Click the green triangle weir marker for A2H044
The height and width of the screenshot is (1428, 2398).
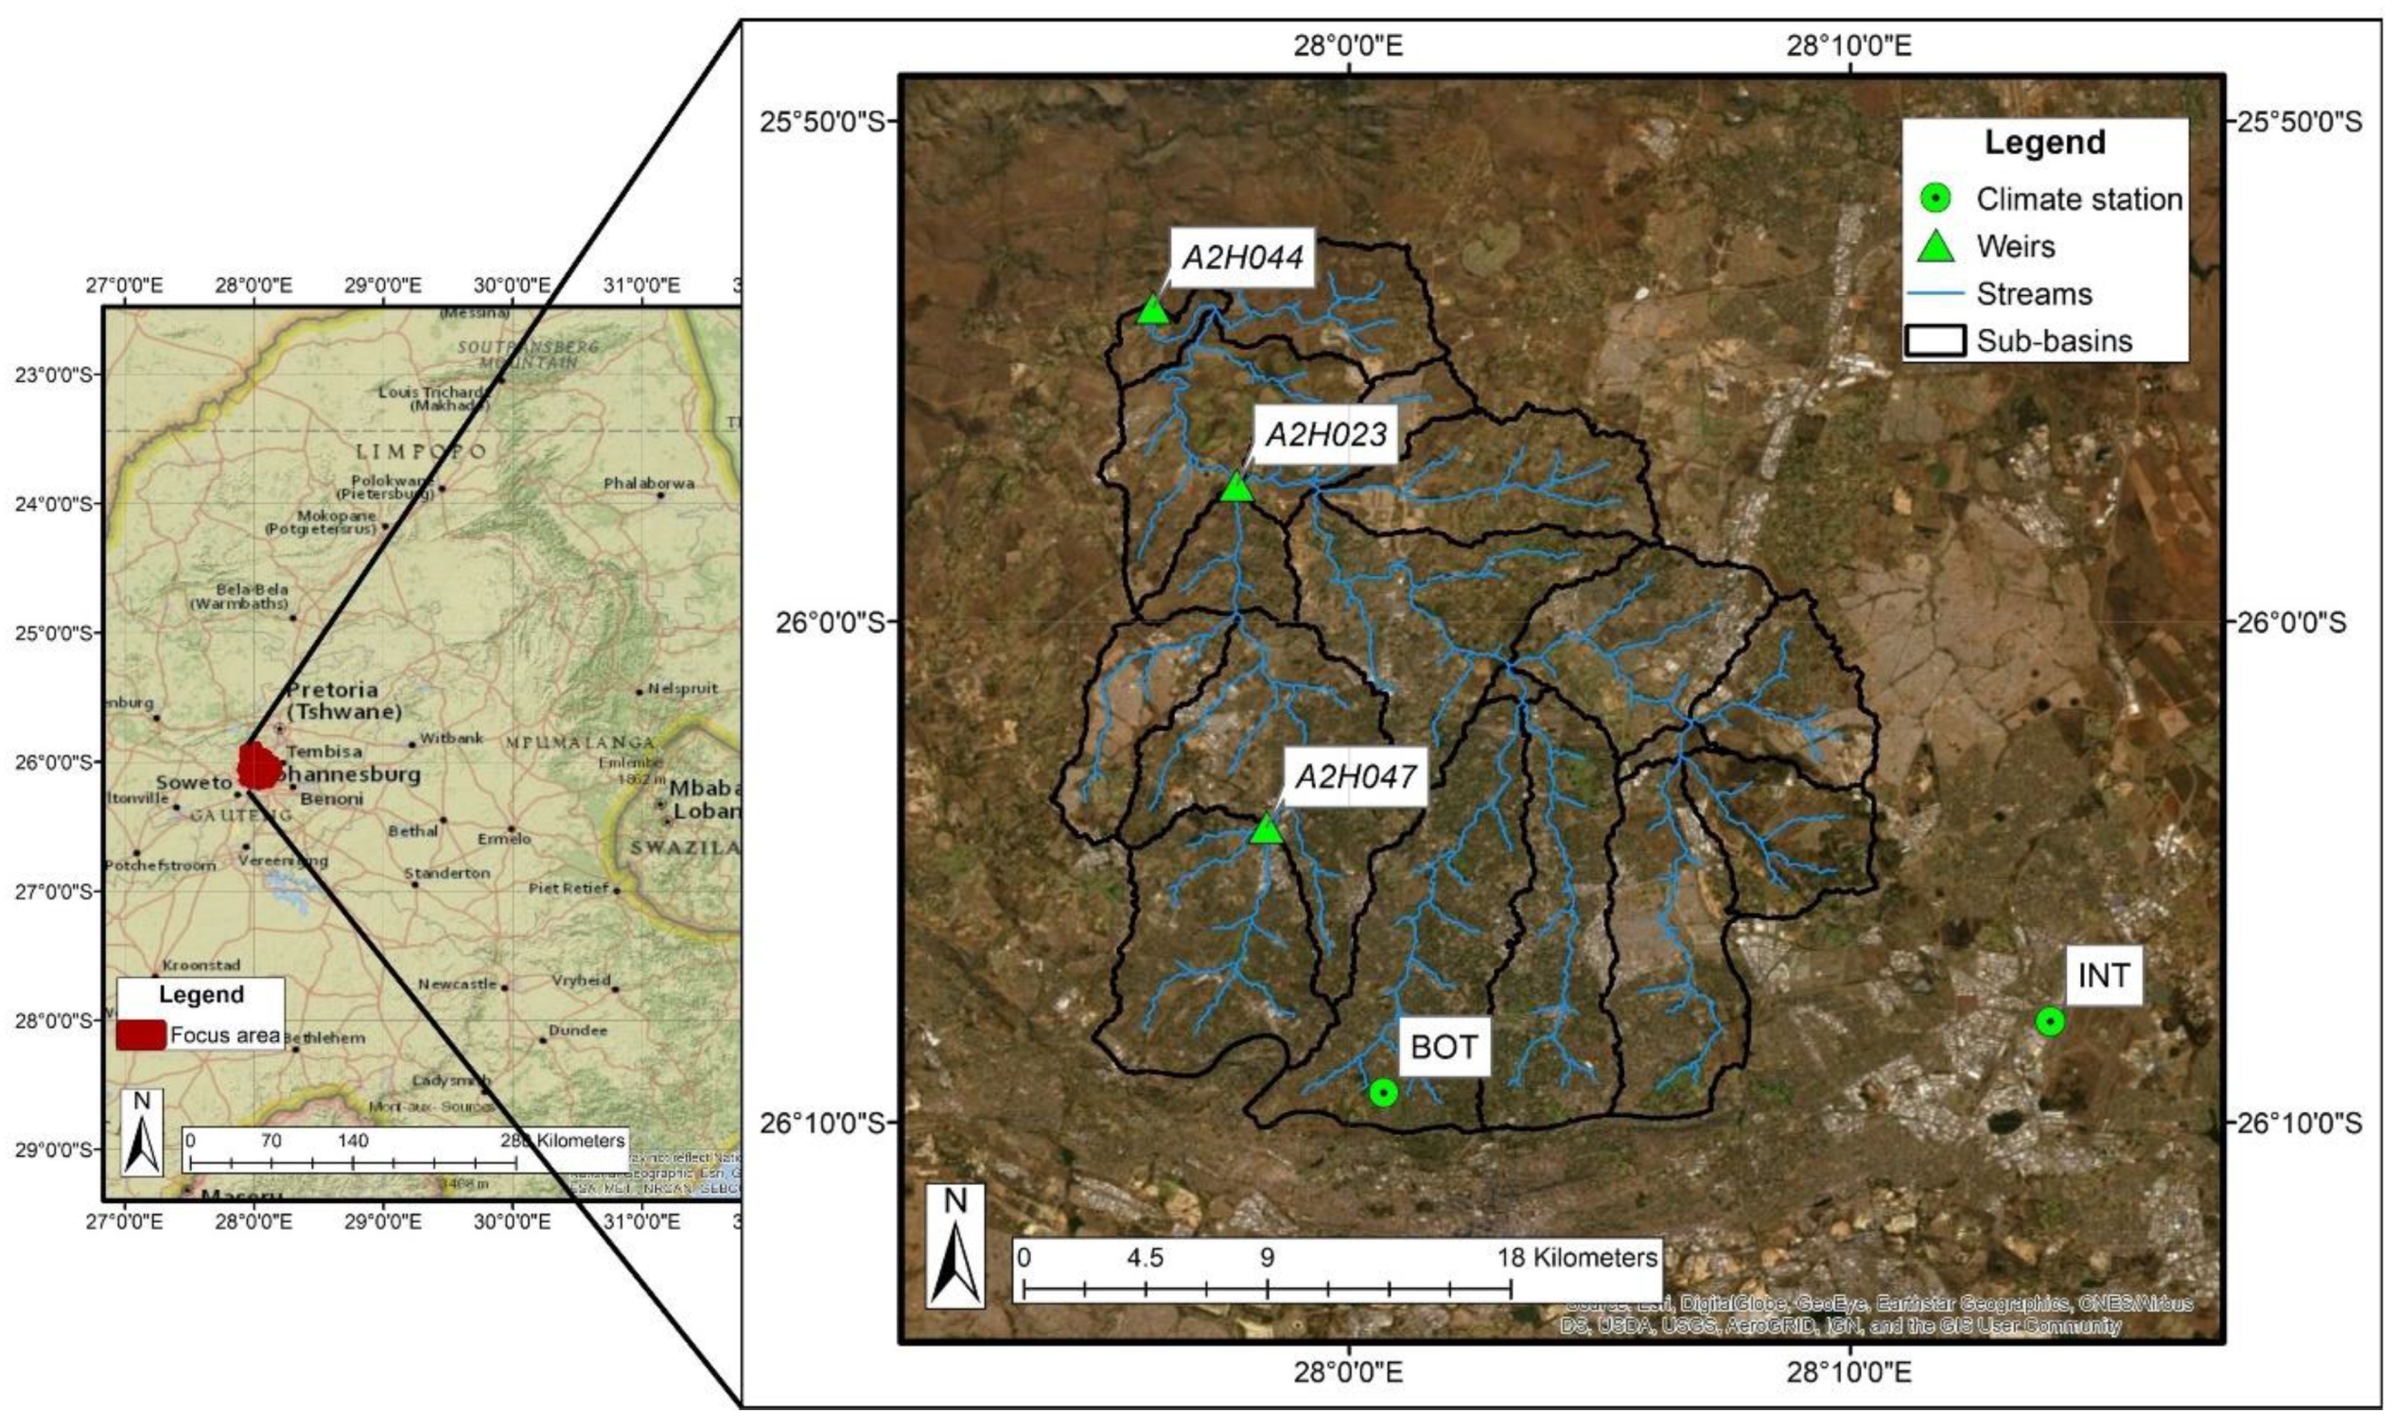tap(1152, 311)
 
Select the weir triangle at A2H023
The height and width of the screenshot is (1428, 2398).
tap(1236, 488)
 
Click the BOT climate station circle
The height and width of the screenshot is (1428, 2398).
tap(1383, 1092)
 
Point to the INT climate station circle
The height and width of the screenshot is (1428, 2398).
tap(2051, 1021)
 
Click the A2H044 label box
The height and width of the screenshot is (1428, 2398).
tap(1242, 257)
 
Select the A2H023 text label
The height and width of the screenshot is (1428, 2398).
tap(1326, 434)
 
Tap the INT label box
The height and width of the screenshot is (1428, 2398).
tap(2104, 976)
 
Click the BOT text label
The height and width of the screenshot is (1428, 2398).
tap(1444, 1047)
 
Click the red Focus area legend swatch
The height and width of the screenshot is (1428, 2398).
tap(141, 1035)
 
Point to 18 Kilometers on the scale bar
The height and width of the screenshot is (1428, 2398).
tap(1577, 1257)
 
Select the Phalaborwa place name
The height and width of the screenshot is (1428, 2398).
tap(649, 483)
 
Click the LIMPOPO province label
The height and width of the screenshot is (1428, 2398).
tap(421, 451)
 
